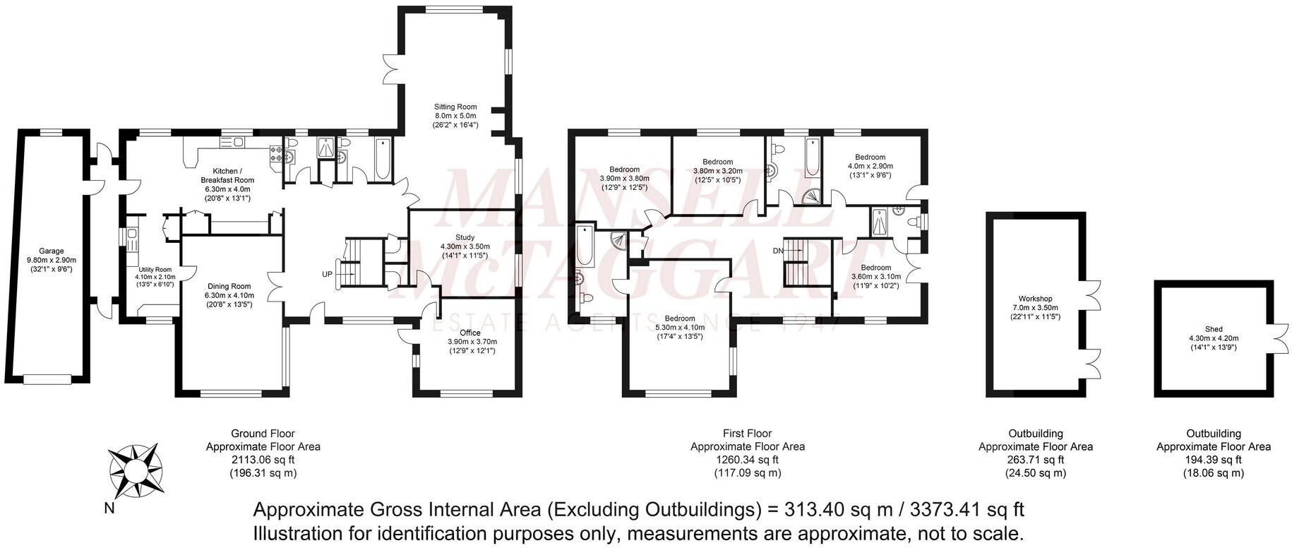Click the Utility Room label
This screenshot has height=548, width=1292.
tap(155, 270)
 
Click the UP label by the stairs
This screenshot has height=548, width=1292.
tap(328, 274)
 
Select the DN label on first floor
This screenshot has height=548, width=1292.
tap(778, 251)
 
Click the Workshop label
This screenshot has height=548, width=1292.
tap(1035, 299)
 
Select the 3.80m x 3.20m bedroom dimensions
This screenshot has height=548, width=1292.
tap(717, 170)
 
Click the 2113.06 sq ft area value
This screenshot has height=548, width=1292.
tap(263, 460)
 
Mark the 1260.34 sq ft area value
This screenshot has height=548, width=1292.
tap(747, 460)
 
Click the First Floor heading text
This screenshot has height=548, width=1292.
tap(747, 434)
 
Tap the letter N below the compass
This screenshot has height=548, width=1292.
tap(109, 508)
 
